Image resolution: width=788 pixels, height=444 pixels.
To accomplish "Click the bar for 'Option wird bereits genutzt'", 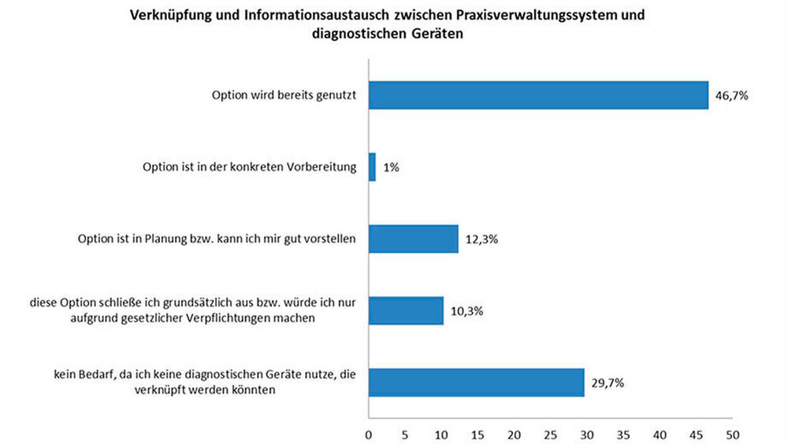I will coord(538,95).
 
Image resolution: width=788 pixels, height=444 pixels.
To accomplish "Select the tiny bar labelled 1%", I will coord(372,167).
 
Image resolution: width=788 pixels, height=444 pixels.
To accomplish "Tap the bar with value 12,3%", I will coord(414,239).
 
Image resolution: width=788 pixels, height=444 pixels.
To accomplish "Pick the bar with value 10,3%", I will coord(406,311).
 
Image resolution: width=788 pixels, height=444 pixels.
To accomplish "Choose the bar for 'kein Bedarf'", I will coord(477,382).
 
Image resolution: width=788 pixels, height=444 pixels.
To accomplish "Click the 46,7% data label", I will coord(731,95).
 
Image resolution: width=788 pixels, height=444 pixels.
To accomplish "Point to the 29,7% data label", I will coord(608,383).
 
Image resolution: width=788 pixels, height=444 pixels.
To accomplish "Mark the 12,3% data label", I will coord(481,240).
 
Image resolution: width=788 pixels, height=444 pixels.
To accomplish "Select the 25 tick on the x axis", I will coord(551,433).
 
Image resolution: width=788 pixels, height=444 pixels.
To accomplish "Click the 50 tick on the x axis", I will coord(733,433).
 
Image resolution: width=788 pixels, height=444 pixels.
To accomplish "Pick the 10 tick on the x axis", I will coord(441,433).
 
